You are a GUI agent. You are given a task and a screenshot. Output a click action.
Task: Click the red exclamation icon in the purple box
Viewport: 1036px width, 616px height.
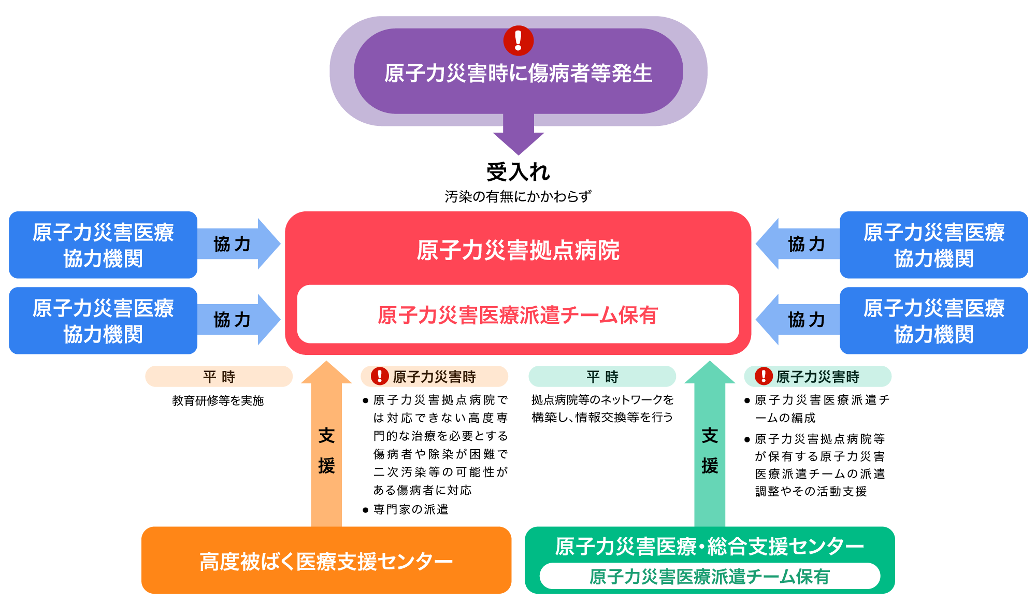click(519, 40)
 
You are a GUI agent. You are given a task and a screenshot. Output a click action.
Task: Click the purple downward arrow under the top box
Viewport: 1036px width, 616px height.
click(519, 134)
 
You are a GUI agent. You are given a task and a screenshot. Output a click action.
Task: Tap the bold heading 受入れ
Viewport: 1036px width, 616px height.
click(518, 172)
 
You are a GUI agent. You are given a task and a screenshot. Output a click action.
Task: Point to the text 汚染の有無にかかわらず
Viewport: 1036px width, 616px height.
click(518, 196)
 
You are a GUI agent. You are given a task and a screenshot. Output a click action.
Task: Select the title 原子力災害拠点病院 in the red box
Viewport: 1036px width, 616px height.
click(518, 250)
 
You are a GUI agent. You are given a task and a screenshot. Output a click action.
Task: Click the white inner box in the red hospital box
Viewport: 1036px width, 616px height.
click(518, 314)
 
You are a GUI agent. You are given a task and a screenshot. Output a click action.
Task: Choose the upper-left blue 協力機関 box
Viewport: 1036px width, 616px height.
click(103, 245)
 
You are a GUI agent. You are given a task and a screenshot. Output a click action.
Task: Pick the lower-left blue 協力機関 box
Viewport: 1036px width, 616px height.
click(103, 321)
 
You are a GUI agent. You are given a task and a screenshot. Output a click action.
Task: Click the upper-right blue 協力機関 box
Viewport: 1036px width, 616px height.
click(934, 245)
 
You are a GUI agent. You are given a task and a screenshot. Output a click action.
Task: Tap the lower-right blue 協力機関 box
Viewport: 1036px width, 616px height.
click(934, 321)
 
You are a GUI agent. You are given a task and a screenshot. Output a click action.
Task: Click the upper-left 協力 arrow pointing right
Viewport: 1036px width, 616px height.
click(239, 243)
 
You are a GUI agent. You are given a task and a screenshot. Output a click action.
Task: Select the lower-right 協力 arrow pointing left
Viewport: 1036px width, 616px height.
click(798, 320)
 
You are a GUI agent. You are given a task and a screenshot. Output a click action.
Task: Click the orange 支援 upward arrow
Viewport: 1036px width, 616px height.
click(326, 443)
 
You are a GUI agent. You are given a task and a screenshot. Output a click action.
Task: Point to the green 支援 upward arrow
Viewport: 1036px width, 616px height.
click(710, 443)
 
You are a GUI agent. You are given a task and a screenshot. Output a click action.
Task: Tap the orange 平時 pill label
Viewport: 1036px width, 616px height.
click(219, 376)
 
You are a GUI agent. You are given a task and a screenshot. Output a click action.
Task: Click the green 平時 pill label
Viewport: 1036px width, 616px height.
click(602, 376)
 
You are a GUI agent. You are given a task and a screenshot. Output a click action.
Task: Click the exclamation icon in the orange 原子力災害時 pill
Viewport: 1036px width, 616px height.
click(380, 376)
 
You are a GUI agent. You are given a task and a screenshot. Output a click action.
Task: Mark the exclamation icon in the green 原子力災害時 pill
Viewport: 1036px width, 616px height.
click(764, 376)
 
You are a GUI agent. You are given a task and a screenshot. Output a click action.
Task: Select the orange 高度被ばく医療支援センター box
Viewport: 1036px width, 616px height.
click(326, 560)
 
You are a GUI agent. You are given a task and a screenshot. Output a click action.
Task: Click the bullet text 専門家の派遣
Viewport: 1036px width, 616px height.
click(411, 510)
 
